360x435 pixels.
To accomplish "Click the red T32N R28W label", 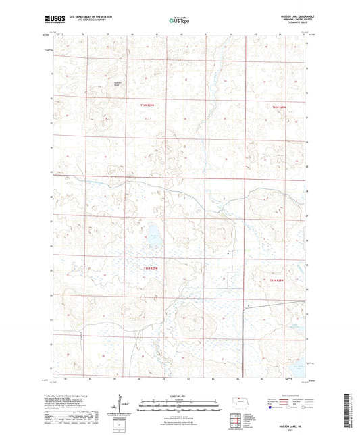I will pyautogui.click(x=278, y=106).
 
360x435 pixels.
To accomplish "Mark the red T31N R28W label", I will pyautogui.click(x=279, y=279).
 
